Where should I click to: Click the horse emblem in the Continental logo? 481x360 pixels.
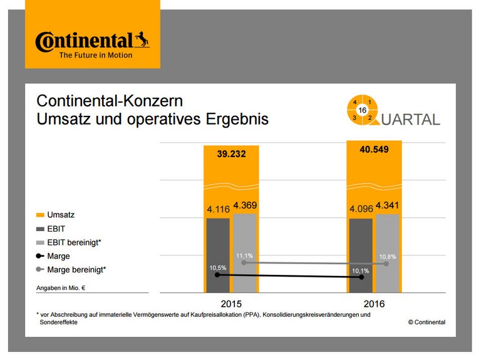(142, 41)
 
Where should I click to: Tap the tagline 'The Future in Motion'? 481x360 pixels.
(95, 55)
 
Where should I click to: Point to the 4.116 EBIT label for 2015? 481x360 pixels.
(217, 208)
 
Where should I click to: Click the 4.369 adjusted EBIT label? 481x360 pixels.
(244, 205)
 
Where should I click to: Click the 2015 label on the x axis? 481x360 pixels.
(230, 303)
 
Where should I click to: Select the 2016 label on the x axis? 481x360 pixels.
(374, 303)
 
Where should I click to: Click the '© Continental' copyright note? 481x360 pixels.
(427, 322)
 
